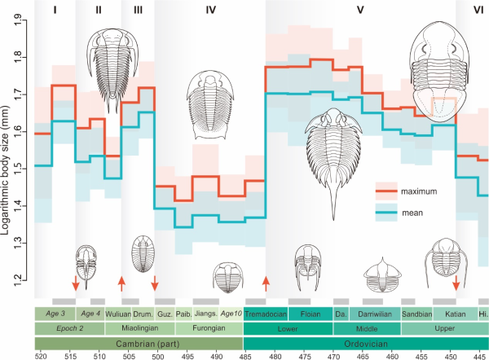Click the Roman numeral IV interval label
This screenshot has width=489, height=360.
tap(210, 11)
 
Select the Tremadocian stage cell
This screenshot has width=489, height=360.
tap(267, 313)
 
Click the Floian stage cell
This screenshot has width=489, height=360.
tap(311, 313)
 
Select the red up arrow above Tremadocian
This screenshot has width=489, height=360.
tap(266, 283)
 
